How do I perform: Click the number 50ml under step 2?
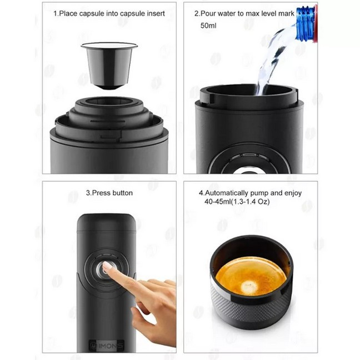tap(208, 26)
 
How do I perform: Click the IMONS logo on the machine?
tap(107, 346)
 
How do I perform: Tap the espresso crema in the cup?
tap(251, 276)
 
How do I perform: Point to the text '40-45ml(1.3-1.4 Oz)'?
tap(237, 202)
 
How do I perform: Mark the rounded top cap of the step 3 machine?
tap(107, 222)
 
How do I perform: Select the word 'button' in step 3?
tap(122, 193)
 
